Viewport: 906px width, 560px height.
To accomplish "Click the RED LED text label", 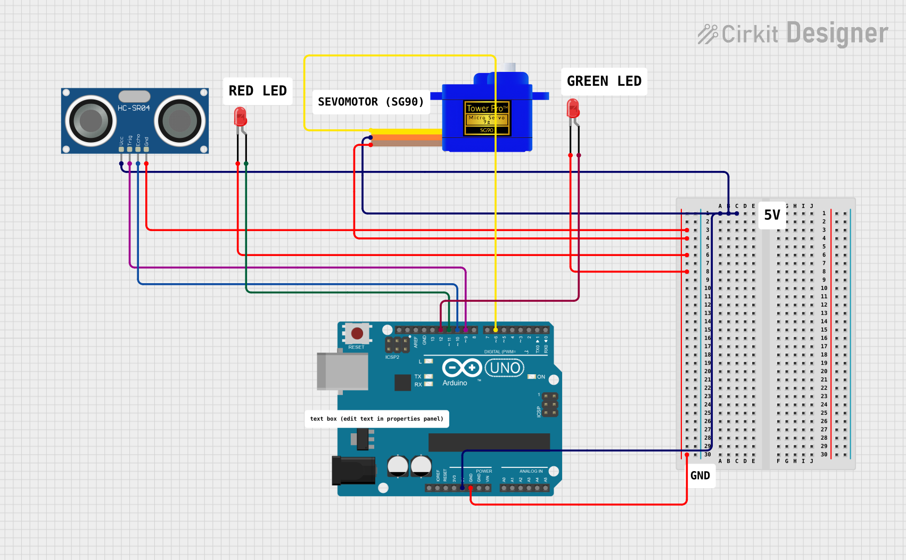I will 258,91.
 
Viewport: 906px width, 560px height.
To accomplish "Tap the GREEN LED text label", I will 604,81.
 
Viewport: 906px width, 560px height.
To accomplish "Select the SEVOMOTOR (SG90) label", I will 370,102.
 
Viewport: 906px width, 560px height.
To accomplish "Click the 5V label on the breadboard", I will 772,215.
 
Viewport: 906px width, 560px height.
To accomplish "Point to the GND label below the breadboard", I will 700,476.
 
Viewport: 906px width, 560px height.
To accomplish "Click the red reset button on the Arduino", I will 357,334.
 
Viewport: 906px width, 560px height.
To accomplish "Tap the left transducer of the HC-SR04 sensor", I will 90,121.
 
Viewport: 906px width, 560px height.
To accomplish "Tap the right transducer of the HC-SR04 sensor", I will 180,121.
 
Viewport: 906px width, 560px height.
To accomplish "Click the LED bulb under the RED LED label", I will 241,116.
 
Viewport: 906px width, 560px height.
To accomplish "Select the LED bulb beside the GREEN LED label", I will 573,108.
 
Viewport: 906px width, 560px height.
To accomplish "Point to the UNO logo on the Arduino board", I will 505,368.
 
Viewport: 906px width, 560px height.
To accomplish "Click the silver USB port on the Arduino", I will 342,371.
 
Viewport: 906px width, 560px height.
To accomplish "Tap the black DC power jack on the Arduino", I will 353,470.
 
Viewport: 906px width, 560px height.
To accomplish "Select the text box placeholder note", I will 376,419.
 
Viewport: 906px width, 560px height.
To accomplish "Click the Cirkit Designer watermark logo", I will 793,34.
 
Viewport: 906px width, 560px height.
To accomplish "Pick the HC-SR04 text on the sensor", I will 134,108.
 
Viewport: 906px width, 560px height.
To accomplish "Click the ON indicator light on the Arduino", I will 531,377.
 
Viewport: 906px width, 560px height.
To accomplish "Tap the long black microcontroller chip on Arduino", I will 489,442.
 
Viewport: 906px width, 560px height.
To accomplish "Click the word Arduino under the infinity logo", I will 455,383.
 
